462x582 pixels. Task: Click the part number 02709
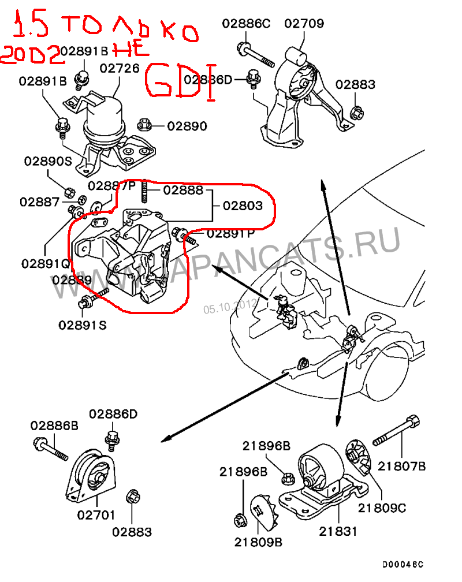coord(304,24)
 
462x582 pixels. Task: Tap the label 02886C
coord(246,24)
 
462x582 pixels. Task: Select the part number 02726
coord(120,68)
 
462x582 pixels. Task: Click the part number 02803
coord(243,206)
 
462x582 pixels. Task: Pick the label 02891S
coord(83,325)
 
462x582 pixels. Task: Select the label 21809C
coord(382,508)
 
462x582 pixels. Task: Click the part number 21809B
coord(258,542)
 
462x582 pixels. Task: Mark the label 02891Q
coord(46,263)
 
